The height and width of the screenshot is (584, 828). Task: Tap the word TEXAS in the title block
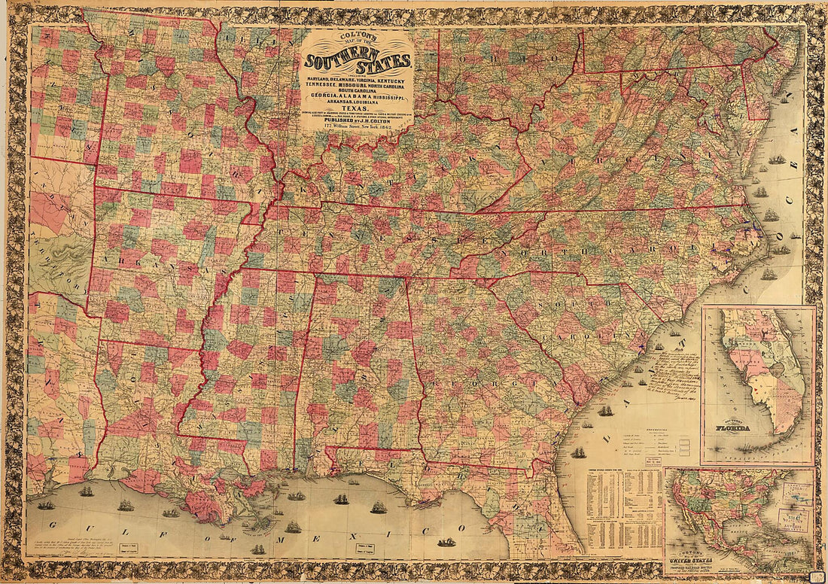coord(356,107)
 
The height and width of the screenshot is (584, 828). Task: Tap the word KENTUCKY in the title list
coord(391,80)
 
